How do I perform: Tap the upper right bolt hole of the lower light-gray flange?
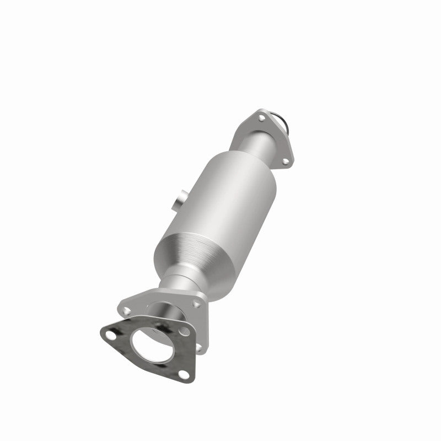196,303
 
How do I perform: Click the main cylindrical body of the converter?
226,198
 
